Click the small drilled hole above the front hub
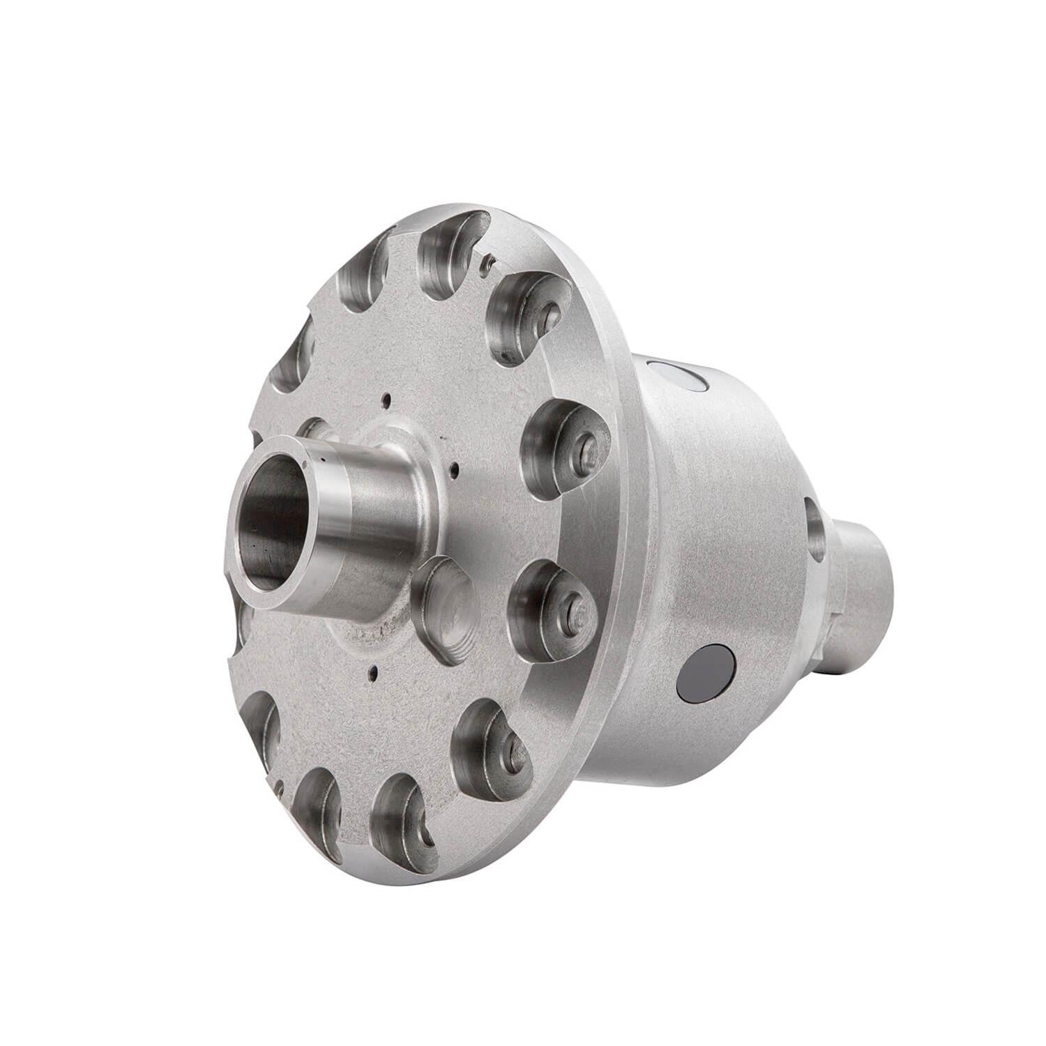click(x=384, y=400)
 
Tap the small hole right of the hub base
click(x=454, y=469)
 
